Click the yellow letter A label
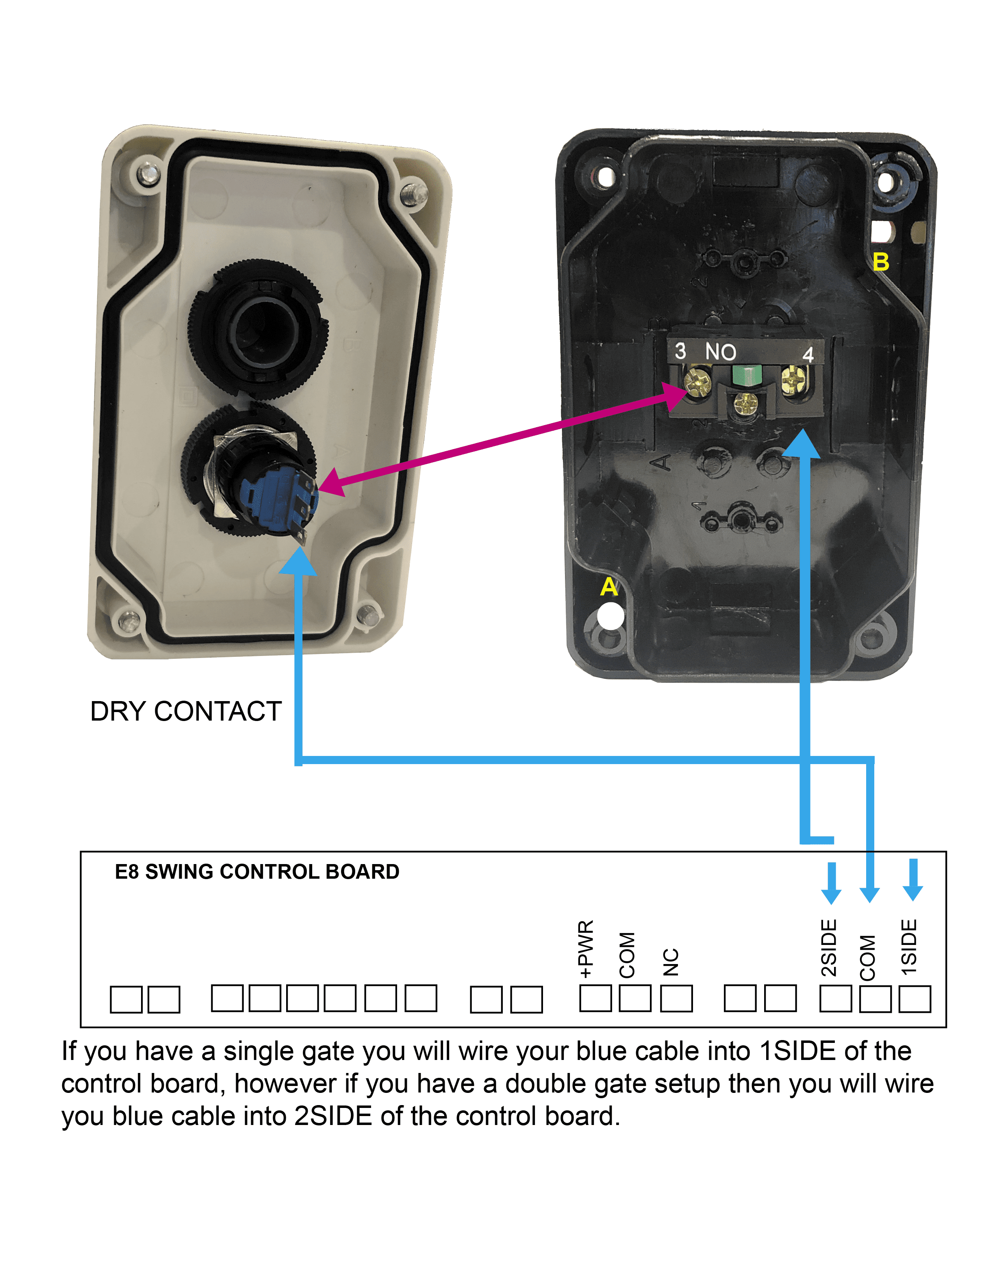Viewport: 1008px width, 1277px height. pos(608,587)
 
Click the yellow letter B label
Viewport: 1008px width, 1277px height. pos(880,262)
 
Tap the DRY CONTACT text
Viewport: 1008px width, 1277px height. pos(186,711)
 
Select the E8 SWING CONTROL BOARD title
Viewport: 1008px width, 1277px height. pos(257,872)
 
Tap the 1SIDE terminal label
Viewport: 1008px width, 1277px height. pos(910,947)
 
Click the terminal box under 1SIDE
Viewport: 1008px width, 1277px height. pos(915,999)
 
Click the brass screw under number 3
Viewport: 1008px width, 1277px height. pos(698,381)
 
